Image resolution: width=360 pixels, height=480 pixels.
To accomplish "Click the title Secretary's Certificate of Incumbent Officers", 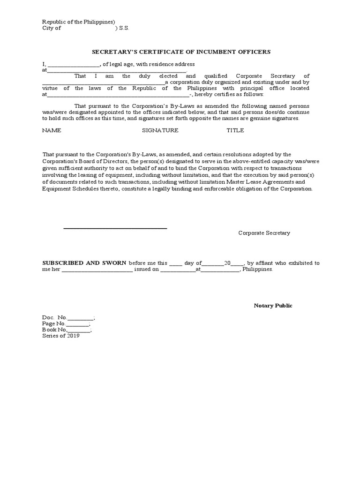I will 180,52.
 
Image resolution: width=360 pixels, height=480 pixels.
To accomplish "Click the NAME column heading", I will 52,130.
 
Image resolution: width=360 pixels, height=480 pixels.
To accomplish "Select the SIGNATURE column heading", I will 160,130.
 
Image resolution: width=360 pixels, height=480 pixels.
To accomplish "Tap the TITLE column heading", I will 235,130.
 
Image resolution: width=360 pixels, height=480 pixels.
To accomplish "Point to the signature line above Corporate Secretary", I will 115,228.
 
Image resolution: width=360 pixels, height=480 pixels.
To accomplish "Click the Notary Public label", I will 273,306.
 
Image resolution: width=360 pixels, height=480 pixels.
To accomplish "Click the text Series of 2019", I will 61,336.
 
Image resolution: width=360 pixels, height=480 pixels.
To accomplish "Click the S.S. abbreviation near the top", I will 124,28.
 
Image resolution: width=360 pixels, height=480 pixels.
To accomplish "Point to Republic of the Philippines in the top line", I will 77,22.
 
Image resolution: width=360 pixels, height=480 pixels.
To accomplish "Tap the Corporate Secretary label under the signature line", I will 264,233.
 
